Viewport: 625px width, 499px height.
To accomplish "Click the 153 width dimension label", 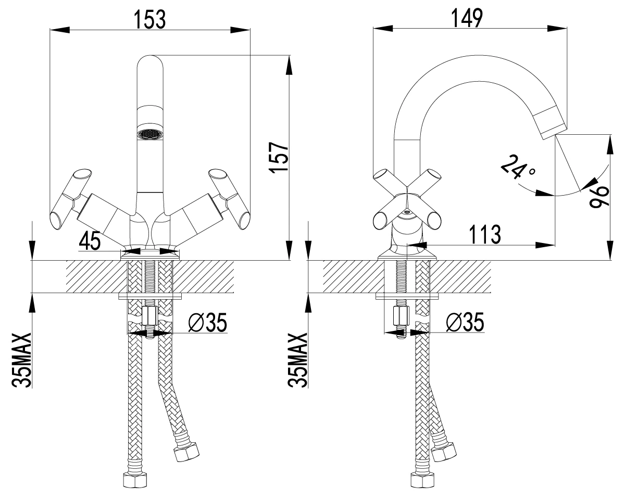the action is coord(150,19).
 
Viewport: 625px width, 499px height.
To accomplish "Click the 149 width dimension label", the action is coord(467,18).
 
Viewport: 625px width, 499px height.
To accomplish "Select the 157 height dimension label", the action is coord(279,158).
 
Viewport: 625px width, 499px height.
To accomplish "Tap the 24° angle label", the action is coord(518,167).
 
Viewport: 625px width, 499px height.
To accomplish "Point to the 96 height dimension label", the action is coord(599,197).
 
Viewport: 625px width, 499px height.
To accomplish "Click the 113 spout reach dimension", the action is coord(485,235).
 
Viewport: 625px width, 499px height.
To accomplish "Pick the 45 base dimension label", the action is coord(90,241).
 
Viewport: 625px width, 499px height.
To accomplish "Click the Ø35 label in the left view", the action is coord(207,322).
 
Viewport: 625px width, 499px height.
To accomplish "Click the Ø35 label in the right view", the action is coord(465,322).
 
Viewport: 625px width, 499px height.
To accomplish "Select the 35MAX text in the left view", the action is coord(21,360).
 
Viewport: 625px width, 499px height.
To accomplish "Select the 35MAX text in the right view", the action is coord(297,360).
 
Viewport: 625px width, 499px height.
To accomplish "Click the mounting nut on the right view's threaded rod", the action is coord(401,316).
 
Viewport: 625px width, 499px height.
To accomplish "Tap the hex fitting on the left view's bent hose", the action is coord(186,453).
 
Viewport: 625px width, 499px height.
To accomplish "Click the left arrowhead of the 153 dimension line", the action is coord(60,30).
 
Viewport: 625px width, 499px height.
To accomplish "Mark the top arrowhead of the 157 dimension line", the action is coord(289,65).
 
